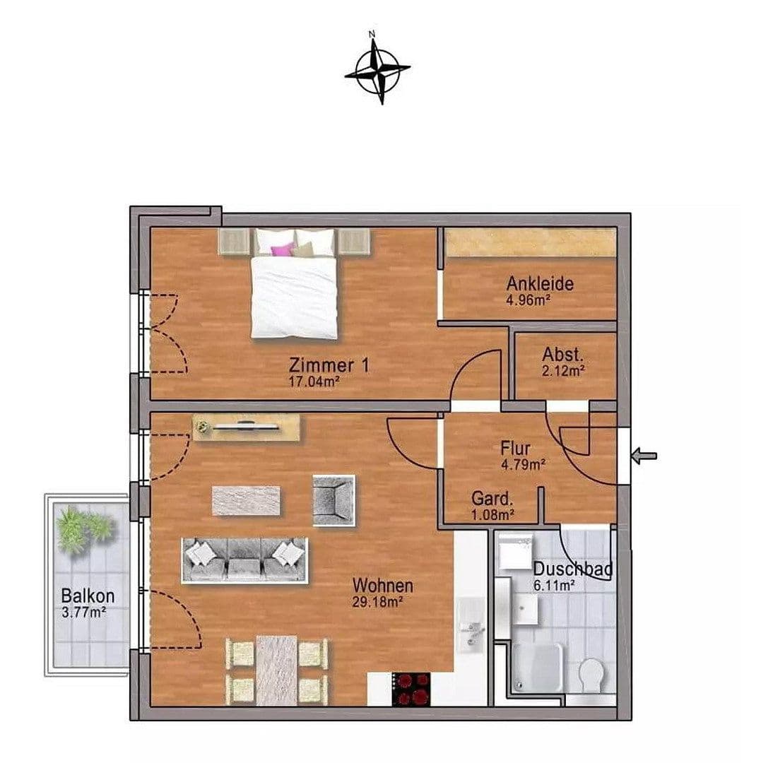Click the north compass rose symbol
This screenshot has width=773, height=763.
point(377,69)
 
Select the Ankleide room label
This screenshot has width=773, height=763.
point(540,284)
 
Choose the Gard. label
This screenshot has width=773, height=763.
point(492,499)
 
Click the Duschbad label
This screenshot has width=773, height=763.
point(572,569)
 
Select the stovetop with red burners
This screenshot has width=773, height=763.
point(411,688)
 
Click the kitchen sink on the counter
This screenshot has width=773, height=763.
point(471,630)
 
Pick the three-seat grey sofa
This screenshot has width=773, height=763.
point(244,560)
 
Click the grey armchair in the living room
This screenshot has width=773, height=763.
point(334,499)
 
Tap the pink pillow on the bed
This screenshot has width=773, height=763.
point(282,249)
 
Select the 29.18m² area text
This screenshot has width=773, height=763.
point(377,602)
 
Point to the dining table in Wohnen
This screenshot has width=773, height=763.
point(276,670)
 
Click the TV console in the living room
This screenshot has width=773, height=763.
point(247,427)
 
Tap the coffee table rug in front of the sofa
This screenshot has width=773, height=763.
point(246,500)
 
